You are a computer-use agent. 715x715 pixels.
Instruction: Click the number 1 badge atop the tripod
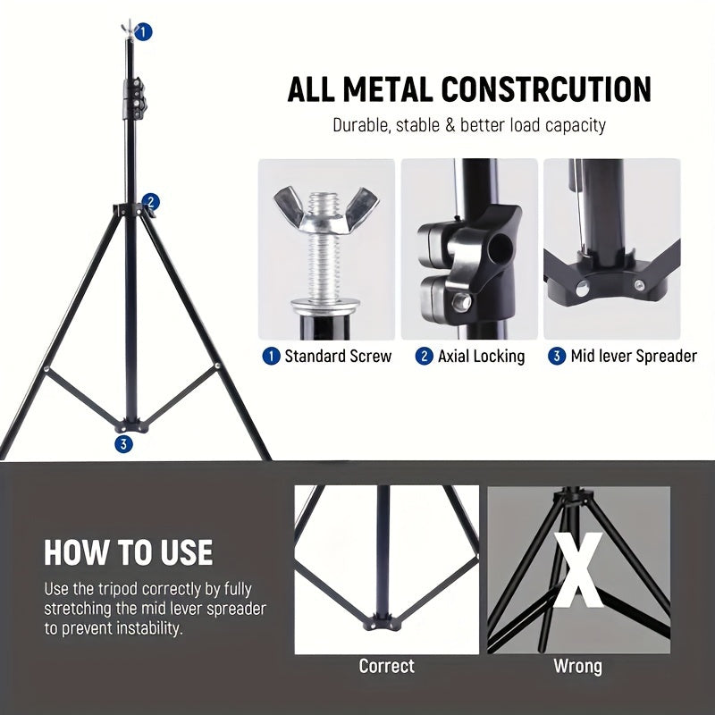click(144, 32)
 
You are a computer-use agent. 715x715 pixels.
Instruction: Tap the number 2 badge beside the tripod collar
click(151, 202)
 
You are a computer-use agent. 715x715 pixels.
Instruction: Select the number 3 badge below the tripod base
click(123, 443)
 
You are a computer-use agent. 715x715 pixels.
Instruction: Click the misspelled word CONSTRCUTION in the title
click(546, 90)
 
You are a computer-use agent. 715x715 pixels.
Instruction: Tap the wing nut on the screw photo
click(326, 203)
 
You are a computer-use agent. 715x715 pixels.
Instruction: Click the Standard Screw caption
click(337, 357)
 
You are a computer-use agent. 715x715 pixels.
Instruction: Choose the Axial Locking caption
click(481, 357)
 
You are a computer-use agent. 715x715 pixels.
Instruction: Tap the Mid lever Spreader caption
click(634, 357)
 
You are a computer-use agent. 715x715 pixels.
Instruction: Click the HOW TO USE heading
click(129, 552)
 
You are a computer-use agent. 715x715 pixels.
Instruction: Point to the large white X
click(577, 572)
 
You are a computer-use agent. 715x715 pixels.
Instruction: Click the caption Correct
click(386, 667)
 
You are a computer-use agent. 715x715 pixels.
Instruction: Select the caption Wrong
click(577, 667)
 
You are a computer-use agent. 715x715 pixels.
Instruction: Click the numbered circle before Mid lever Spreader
click(557, 357)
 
